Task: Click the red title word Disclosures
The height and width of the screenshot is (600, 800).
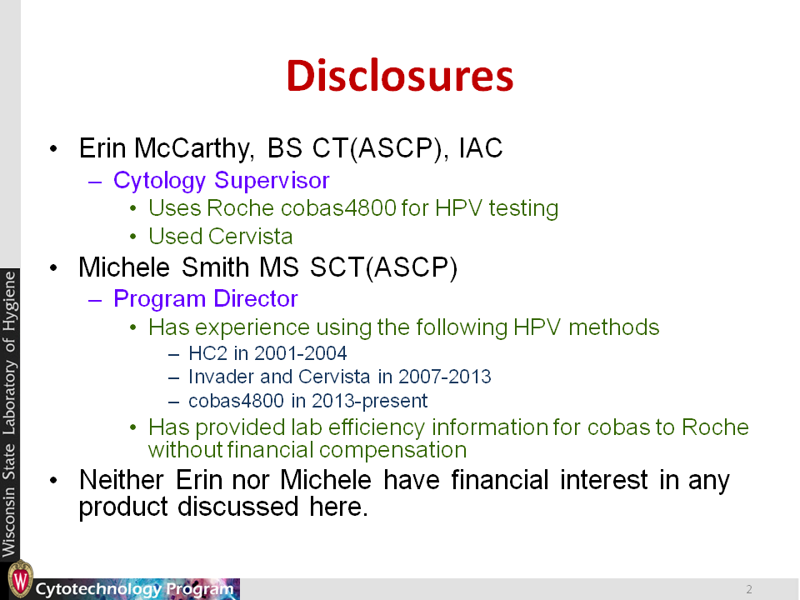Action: tap(399, 76)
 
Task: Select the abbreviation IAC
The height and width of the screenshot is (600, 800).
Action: tap(481, 148)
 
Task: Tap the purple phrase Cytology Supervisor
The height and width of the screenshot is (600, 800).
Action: tap(222, 181)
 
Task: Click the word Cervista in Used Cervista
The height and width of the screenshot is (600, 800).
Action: tap(250, 236)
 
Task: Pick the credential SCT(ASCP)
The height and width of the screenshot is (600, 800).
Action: tap(383, 267)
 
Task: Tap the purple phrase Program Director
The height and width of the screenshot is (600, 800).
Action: tap(206, 299)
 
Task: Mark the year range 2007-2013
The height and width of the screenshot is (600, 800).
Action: tap(444, 377)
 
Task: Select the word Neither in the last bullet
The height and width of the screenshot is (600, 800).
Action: tap(122, 480)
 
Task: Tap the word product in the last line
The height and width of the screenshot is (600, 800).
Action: tap(123, 507)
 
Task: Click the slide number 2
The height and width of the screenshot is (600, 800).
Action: tap(749, 589)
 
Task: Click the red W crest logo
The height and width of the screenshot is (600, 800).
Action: tap(20, 580)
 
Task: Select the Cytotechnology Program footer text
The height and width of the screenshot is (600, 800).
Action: tap(135, 589)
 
